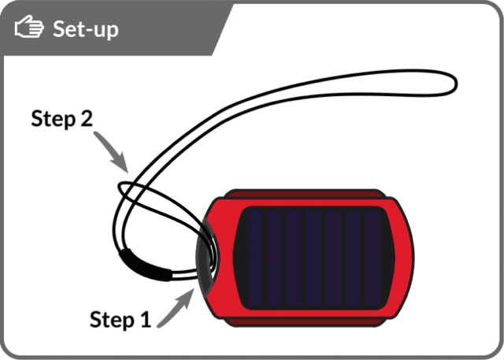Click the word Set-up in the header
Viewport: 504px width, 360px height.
point(86,29)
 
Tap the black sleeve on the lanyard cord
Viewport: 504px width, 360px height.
point(146,265)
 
